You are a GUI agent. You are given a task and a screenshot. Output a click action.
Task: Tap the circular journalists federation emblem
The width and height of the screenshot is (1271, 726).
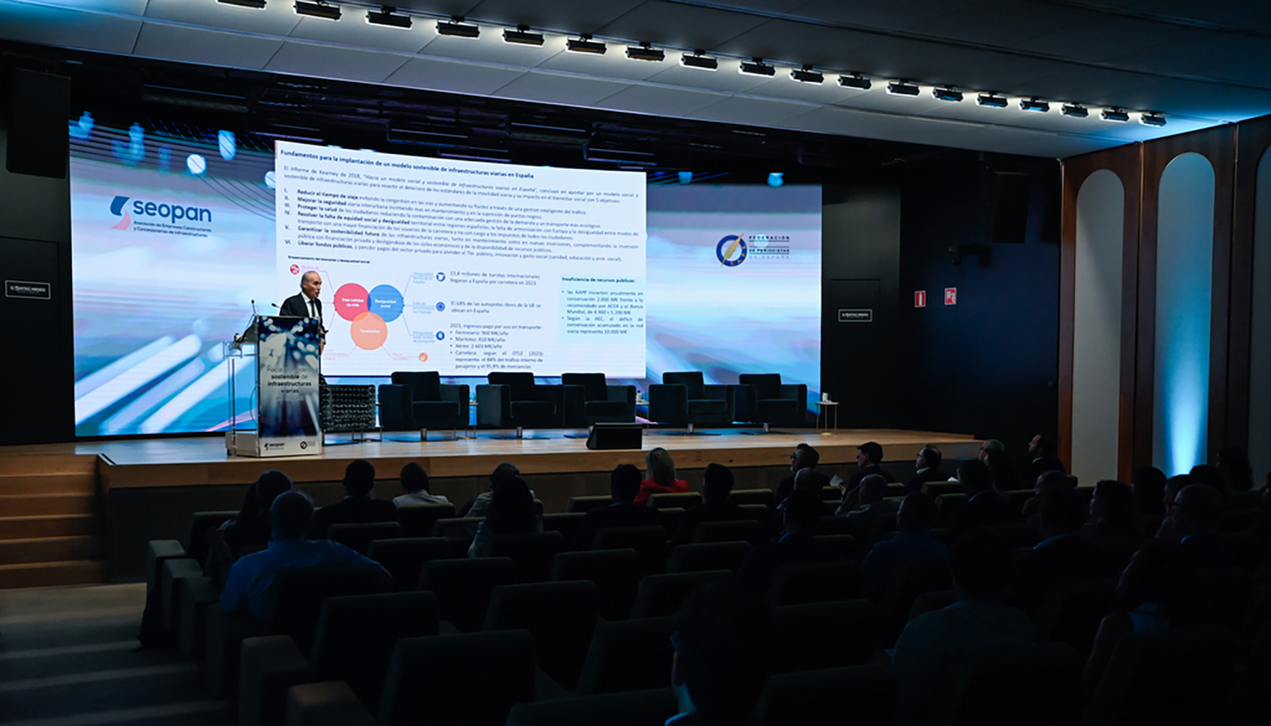point(730,250)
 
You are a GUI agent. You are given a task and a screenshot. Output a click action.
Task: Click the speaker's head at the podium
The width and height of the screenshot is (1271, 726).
point(310,282)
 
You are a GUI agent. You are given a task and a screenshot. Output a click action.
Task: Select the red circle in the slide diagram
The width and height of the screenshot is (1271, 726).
point(352,302)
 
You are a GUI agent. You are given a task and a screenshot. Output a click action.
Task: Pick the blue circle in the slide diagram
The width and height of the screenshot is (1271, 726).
point(386,303)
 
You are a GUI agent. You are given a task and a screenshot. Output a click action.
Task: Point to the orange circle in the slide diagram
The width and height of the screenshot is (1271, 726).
point(369,331)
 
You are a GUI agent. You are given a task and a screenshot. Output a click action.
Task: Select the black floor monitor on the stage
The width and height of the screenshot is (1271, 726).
point(614,437)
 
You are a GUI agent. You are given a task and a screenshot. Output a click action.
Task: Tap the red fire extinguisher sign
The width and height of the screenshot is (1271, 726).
point(920,298)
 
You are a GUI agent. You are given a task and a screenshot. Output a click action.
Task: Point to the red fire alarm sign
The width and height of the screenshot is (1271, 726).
point(949,295)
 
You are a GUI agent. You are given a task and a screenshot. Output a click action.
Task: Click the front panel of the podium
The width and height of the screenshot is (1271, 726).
point(289,385)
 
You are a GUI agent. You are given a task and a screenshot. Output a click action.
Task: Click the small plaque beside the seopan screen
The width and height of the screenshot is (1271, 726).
point(28,290)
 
